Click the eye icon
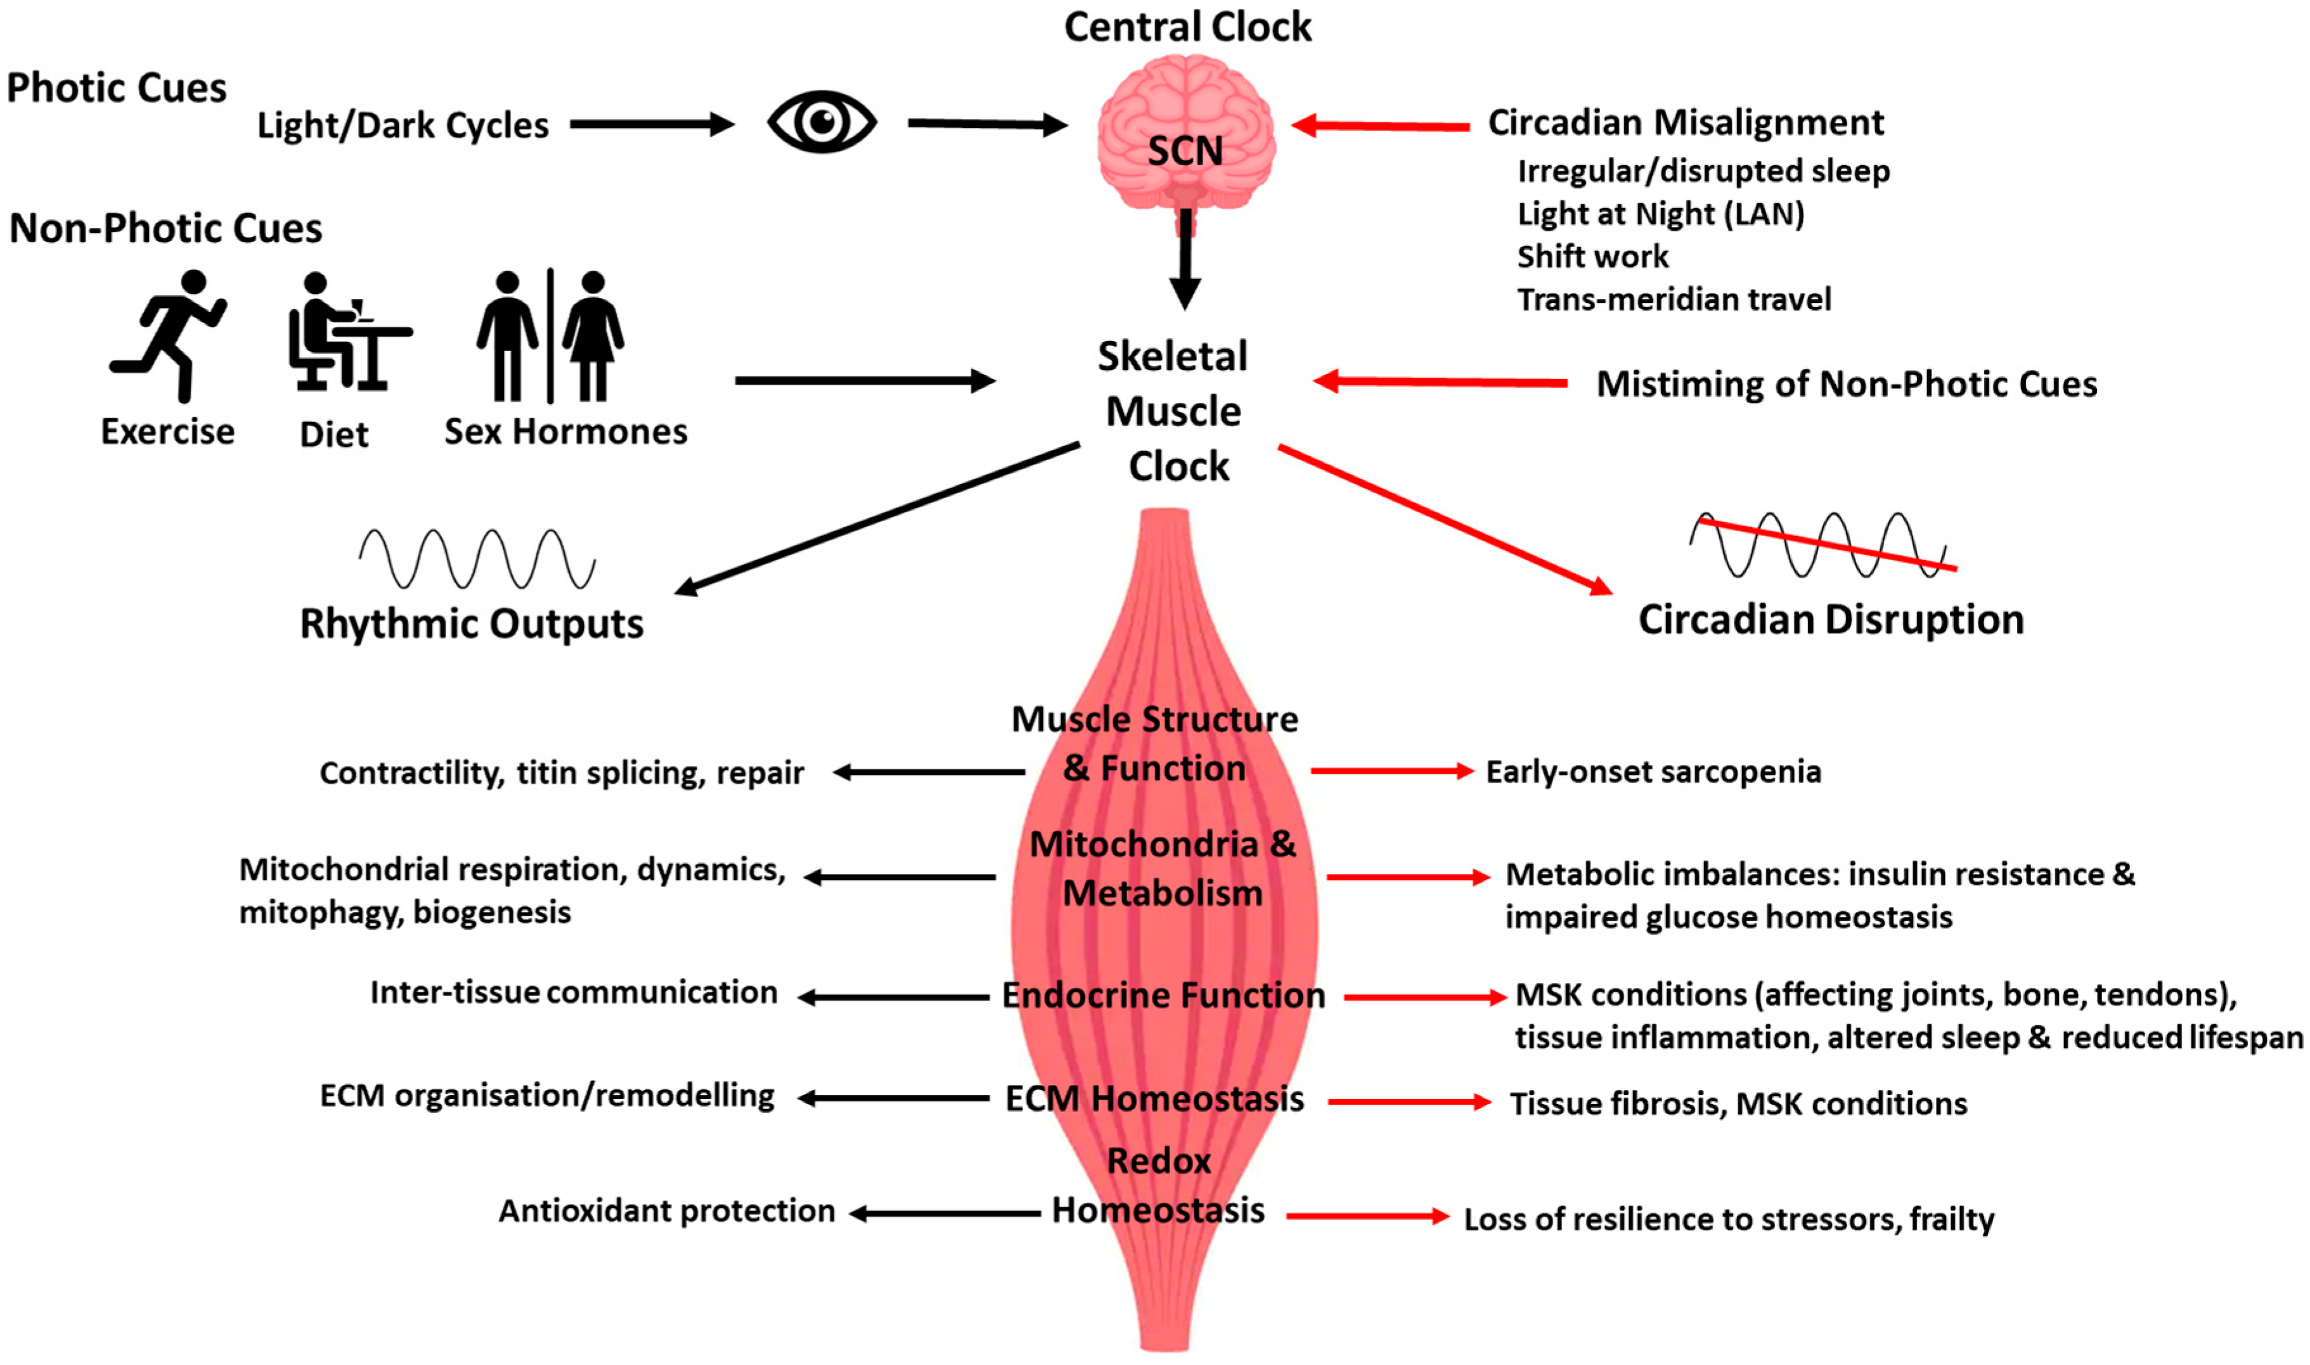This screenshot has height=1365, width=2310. [822, 122]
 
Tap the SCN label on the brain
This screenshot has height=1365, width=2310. [1185, 151]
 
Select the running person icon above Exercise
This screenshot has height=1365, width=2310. [170, 336]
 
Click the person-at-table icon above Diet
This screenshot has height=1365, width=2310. [348, 333]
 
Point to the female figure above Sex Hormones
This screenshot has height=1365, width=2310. [593, 336]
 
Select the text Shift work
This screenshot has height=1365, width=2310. [1592, 257]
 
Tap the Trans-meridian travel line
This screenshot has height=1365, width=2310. [1674, 300]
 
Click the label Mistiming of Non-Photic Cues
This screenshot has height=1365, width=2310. [1845, 383]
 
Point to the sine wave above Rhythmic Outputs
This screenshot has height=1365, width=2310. [477, 558]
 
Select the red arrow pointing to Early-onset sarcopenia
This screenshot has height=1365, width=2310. [1391, 771]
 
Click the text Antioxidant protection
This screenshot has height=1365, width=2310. [666, 1210]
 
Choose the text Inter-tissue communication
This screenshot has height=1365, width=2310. [573, 992]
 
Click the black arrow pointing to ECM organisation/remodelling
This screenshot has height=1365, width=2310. [893, 1098]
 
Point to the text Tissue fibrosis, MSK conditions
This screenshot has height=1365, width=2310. [1738, 1103]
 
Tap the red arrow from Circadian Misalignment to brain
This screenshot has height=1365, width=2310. [1380, 126]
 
